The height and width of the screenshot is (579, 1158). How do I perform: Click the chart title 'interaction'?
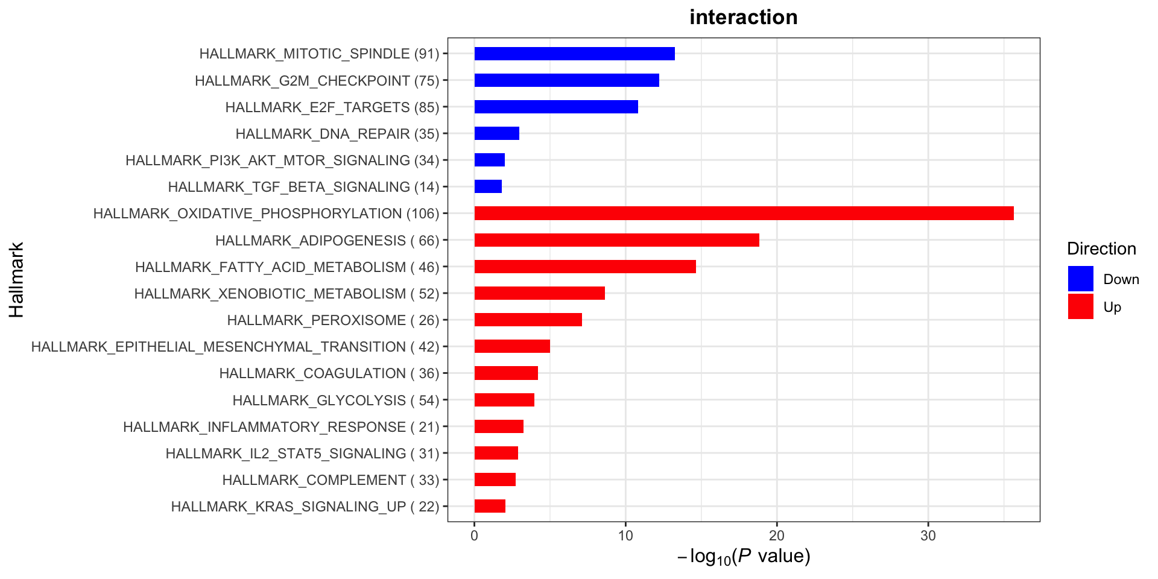(743, 17)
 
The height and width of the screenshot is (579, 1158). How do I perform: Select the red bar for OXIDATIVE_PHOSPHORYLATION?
(744, 214)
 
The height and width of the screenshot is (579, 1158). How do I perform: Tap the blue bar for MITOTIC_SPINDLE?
(574, 54)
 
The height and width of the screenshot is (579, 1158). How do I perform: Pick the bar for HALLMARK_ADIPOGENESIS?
(616, 240)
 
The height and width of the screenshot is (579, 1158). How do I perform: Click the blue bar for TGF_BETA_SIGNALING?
(488, 186)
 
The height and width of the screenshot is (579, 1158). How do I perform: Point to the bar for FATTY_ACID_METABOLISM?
(585, 267)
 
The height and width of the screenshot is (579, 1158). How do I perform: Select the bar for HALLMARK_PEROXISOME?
(528, 320)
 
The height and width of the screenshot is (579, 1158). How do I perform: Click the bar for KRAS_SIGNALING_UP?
(490, 506)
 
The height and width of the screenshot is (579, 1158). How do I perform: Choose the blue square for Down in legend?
(1080, 279)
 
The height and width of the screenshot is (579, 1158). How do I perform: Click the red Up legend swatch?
(1080, 306)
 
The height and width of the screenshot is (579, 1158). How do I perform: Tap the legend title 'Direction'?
(1101, 248)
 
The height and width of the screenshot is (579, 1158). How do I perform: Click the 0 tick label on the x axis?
(475, 536)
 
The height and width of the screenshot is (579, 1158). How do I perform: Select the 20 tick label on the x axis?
(777, 536)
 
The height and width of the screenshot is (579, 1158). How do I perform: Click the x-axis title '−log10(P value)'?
(744, 556)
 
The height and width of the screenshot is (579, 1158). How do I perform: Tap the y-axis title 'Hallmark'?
(16, 280)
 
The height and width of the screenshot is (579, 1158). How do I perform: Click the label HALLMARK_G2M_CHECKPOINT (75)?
(317, 81)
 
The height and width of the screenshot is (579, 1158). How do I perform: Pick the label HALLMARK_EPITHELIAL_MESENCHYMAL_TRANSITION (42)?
(235, 347)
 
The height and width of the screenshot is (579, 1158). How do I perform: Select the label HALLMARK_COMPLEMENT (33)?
(331, 480)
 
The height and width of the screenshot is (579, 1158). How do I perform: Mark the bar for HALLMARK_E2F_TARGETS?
(556, 107)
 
